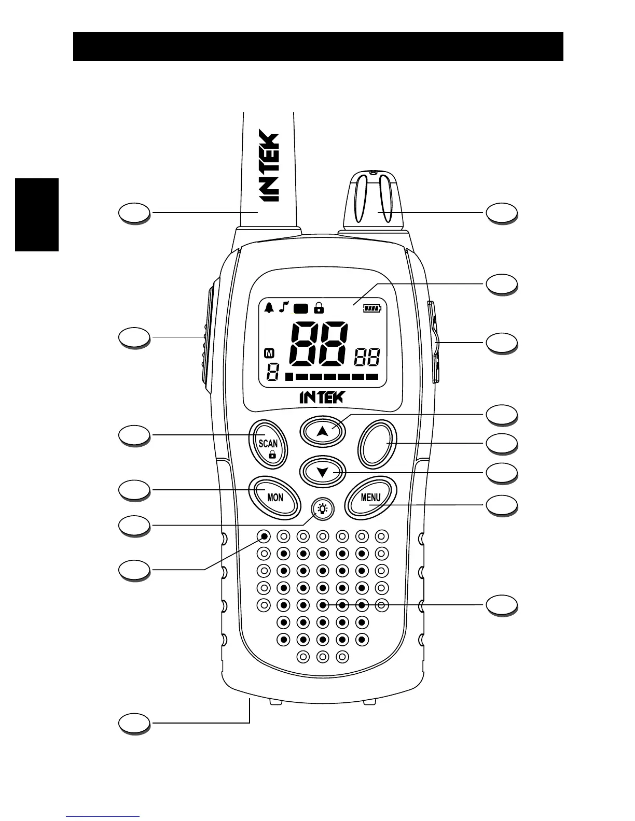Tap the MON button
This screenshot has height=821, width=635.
point(275,497)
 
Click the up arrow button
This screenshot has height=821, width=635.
point(322,431)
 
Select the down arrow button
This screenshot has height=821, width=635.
point(323,472)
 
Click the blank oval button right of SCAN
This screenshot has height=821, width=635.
point(377,443)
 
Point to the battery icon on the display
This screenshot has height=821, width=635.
point(371,308)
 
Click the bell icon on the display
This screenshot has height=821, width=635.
point(269,308)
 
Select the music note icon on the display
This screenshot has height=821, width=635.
point(283,308)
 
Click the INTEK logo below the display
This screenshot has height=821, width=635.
point(322,398)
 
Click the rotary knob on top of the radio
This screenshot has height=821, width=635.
point(371,200)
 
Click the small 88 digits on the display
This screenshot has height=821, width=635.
point(367,357)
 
